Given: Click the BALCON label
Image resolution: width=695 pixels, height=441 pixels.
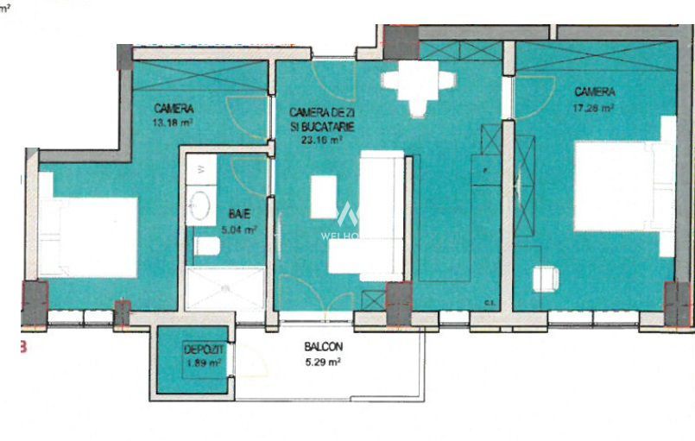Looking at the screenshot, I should pyautogui.click(x=324, y=348).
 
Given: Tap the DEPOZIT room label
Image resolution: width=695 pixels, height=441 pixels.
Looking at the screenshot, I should pyautogui.click(x=203, y=350).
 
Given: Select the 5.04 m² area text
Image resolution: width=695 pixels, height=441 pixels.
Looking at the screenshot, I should pyautogui.click(x=238, y=230).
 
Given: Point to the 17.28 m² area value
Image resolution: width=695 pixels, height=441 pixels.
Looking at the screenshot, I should pyautogui.click(x=595, y=109).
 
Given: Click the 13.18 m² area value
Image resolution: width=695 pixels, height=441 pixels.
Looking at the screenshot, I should pyautogui.click(x=172, y=123).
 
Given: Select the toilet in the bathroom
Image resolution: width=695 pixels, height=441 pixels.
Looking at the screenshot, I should pyautogui.click(x=207, y=248).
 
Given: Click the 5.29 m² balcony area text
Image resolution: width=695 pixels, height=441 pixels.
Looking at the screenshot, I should pyautogui.click(x=324, y=362).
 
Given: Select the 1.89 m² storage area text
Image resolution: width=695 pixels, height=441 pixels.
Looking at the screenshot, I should pyautogui.click(x=203, y=363).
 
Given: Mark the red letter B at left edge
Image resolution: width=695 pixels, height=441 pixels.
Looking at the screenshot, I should pyautogui.click(x=24, y=349).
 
